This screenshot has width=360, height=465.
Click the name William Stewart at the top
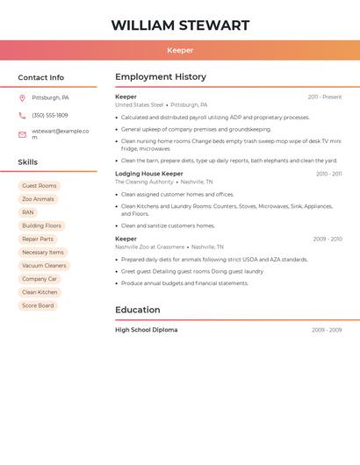click(180, 25)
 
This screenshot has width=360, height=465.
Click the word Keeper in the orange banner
click(180, 50)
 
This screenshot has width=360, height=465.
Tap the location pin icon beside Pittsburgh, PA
click(22, 97)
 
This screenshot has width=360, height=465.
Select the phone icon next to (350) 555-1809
click(22, 115)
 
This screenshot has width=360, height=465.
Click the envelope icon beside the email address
click(22, 133)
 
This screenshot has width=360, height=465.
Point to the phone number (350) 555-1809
click(50, 115)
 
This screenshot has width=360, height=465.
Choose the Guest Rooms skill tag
click(40, 186)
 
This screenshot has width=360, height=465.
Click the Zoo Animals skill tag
click(38, 199)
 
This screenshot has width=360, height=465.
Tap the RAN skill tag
click(28, 212)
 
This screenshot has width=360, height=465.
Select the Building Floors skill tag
click(42, 225)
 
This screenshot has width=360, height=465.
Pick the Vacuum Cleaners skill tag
click(44, 266)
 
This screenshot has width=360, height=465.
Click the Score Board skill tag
click(38, 305)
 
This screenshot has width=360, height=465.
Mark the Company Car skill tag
click(40, 279)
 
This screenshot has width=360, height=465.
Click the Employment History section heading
click(161, 77)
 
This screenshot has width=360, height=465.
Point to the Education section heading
click(138, 310)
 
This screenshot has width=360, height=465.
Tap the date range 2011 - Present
click(325, 97)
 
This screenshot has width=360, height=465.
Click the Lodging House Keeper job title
click(149, 174)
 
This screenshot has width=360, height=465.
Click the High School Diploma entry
click(147, 330)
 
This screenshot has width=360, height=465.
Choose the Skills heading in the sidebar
click(28, 162)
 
